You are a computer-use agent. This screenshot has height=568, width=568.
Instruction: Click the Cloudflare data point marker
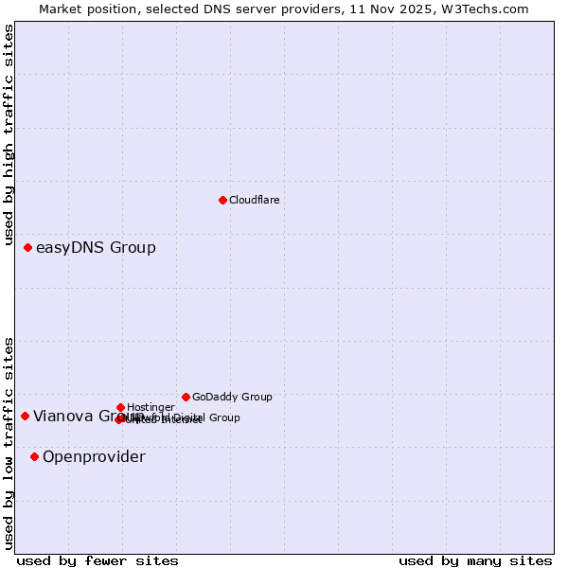pyautogui.click(x=222, y=200)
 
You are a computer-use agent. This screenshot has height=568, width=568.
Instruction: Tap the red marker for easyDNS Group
pyautogui.click(x=27, y=247)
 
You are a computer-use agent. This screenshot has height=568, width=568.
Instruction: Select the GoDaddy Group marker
pyautogui.click(x=186, y=397)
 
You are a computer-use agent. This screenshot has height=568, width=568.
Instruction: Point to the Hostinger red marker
pyautogui.click(x=120, y=407)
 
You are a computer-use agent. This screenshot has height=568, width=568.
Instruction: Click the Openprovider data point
pyautogui.click(x=34, y=456)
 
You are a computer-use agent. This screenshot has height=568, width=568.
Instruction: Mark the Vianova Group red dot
pyautogui.click(x=25, y=416)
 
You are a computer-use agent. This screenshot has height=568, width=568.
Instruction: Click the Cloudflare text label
pyautogui.click(x=254, y=200)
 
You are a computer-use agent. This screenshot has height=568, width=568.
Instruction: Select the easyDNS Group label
pyautogui.click(x=96, y=248)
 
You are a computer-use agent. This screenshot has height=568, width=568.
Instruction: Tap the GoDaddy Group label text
pyautogui.click(x=232, y=397)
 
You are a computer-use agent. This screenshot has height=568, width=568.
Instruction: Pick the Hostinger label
pyautogui.click(x=151, y=407)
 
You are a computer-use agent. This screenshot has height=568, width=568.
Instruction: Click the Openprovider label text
pyautogui.click(x=94, y=457)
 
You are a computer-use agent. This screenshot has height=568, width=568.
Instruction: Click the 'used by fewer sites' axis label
pyautogui.click(x=98, y=560)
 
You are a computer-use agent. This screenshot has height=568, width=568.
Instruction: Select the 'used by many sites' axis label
pyautogui.click(x=475, y=560)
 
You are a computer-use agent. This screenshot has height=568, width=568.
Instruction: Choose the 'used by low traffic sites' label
pyautogui.click(x=9, y=442)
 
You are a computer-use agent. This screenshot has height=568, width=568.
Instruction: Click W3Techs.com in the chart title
pyautogui.click(x=481, y=9)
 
